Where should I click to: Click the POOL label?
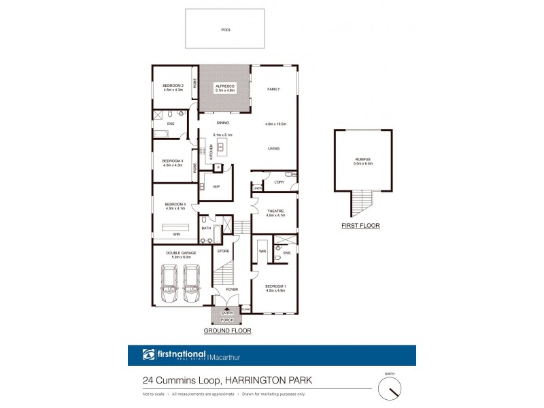coord(225,30)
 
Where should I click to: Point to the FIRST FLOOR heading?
coord(361,225)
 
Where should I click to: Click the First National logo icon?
coord(149,354)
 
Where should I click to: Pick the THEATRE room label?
coord(275,212)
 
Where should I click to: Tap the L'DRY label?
coord(278,182)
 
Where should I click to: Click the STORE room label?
coord(222,251)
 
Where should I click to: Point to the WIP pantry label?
coord(216,186)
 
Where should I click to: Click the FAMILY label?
coord(273,89)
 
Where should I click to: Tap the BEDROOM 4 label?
coord(175,205)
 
